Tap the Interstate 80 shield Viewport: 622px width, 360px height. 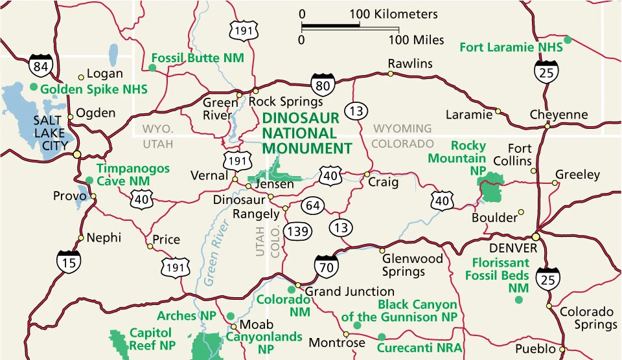click(x=322, y=84)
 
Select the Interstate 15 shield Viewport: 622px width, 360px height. click(x=68, y=260)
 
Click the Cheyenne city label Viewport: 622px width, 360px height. click(x=559, y=115)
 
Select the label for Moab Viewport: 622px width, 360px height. click(x=253, y=324)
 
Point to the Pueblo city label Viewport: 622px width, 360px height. click(x=535, y=349)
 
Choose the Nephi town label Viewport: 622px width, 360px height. click(x=104, y=238)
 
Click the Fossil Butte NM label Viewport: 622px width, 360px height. click(x=197, y=58)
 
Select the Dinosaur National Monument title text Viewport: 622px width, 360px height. click(x=306, y=133)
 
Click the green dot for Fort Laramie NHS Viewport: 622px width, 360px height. click(x=568, y=40)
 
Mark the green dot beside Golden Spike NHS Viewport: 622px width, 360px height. click(x=34, y=86)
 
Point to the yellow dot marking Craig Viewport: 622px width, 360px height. click(x=367, y=174)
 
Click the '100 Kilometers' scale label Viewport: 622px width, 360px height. click(x=394, y=14)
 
